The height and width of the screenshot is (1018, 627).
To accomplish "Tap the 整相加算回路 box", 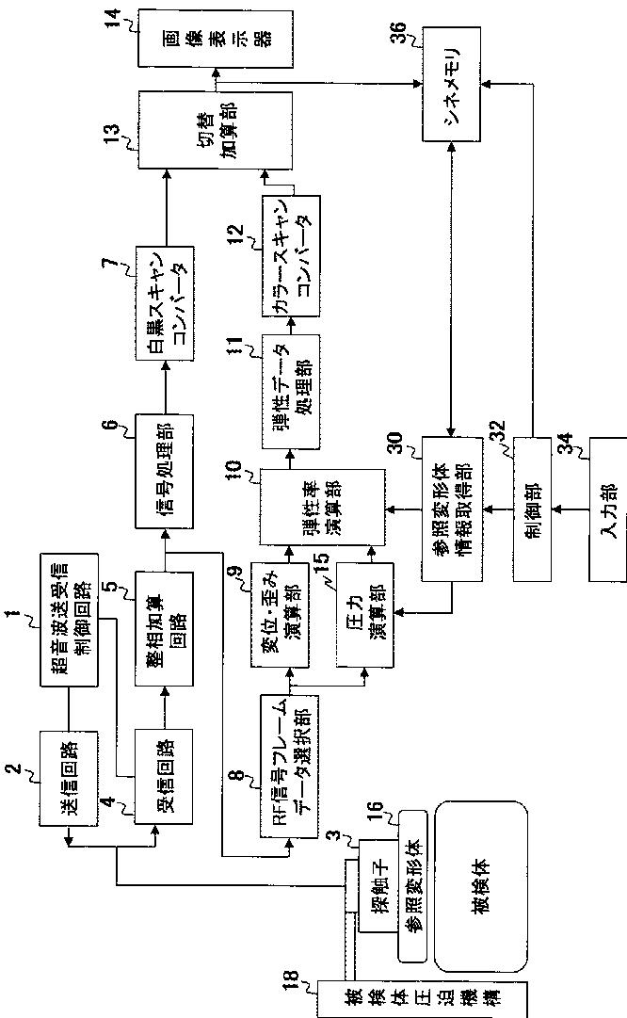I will [x=165, y=629].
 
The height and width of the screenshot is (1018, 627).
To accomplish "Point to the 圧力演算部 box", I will [x=363, y=628].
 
